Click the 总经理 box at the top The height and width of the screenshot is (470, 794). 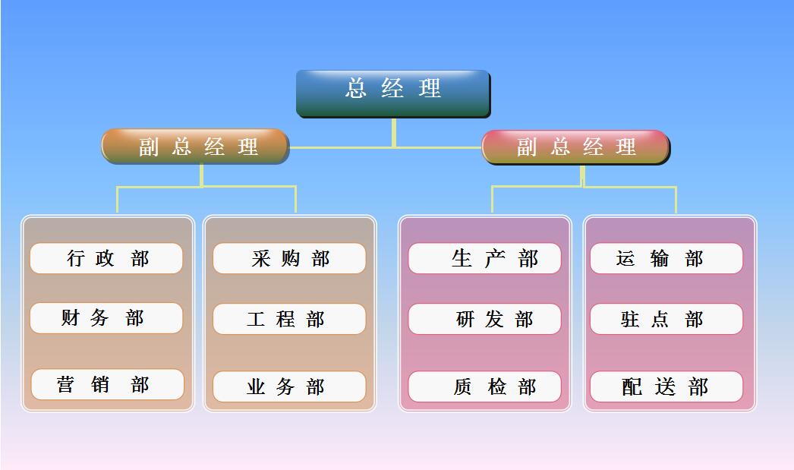click(393, 93)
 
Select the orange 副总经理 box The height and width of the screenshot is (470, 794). click(195, 147)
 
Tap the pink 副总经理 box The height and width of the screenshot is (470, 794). click(575, 147)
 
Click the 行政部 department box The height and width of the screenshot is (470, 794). click(106, 258)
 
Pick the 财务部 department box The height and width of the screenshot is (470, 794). click(106, 318)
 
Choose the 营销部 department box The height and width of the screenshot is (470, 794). click(107, 384)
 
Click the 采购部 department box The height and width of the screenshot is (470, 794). click(289, 258)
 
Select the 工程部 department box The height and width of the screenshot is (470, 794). click(289, 319)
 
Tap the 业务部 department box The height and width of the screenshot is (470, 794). click(289, 387)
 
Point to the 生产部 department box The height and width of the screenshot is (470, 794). click(484, 258)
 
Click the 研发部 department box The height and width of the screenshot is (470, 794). click(484, 319)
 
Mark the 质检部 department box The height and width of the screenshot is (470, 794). click(484, 387)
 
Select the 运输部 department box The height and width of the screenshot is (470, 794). click(666, 258)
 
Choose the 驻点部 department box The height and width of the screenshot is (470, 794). click(666, 319)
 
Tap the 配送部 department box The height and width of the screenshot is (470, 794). click(666, 387)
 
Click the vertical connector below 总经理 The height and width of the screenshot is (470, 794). click(394, 133)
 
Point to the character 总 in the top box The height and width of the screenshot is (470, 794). click(356, 88)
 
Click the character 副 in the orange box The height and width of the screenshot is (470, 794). click(149, 147)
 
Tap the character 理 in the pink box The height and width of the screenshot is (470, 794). click(626, 147)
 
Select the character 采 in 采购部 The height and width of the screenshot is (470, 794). click(261, 258)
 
